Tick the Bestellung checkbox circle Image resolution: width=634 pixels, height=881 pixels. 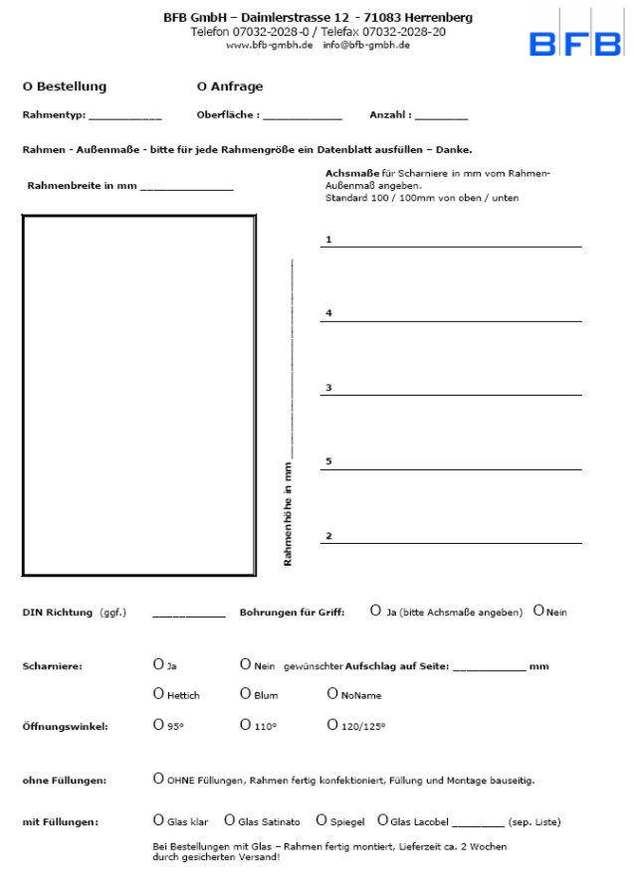pyautogui.click(x=27, y=87)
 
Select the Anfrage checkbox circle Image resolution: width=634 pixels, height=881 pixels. pyautogui.click(x=203, y=87)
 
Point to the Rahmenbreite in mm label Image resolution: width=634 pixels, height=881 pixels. pyautogui.click(x=83, y=186)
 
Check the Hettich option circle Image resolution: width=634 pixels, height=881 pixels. pyautogui.click(x=158, y=694)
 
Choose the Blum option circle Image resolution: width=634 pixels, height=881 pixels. pyautogui.click(x=245, y=694)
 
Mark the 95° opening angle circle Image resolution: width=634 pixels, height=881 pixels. pyautogui.click(x=158, y=725)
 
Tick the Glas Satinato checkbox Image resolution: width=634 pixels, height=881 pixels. pyautogui.click(x=229, y=820)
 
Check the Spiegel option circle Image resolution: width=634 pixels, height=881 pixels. pyautogui.click(x=321, y=820)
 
